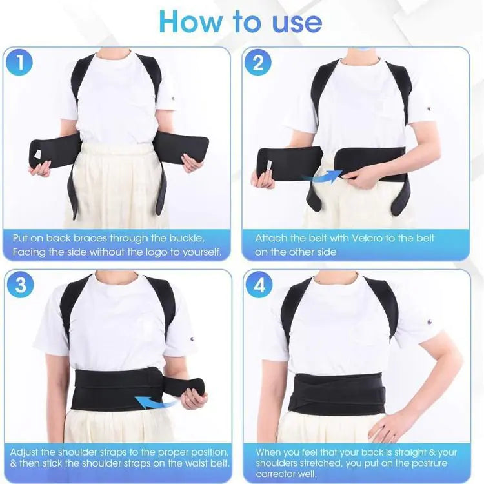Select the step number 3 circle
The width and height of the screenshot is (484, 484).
(x=21, y=285)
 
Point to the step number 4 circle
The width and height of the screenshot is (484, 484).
(x=258, y=285)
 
